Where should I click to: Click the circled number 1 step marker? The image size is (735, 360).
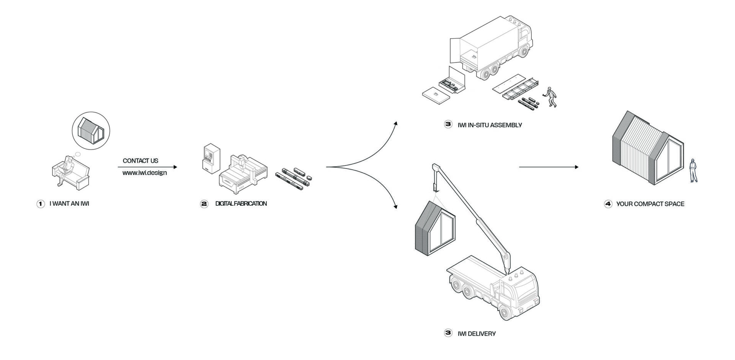(41, 204)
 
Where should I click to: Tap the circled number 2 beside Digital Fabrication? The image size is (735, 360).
(204, 204)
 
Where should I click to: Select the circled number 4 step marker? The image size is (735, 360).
(608, 204)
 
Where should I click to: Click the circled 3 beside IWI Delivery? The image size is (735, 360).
(448, 333)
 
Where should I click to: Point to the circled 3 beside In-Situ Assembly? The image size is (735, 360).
(448, 124)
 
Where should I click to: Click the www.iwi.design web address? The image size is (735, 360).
(145, 173)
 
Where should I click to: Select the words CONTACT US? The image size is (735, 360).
(140, 161)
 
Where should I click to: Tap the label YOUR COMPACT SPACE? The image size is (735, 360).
(650, 204)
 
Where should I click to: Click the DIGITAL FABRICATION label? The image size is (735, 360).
(241, 204)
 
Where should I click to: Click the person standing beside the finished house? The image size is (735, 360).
(693, 170)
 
